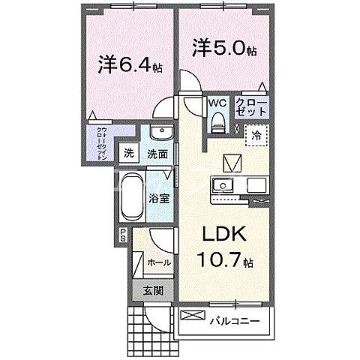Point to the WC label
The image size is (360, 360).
[x=217, y=103]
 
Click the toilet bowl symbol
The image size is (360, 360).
[x=218, y=120]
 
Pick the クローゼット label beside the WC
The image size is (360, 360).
[x=250, y=105]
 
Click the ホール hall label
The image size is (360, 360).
[x=159, y=262]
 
